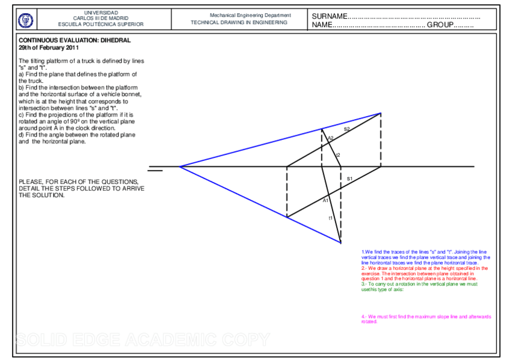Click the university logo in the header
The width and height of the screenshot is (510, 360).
click(x=26, y=20)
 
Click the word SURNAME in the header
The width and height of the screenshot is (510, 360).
click(x=330, y=16)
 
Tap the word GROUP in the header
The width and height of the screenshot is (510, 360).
click(x=440, y=25)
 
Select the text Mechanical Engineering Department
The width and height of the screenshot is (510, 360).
click(x=250, y=15)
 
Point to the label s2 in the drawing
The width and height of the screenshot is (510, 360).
click(x=346, y=129)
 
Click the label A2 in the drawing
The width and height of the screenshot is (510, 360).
click(x=330, y=138)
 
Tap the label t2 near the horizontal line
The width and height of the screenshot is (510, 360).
click(x=337, y=155)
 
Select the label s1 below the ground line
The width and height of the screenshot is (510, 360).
click(x=349, y=178)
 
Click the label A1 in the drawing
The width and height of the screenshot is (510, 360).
click(x=326, y=200)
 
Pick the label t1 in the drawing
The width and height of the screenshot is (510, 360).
click(x=330, y=218)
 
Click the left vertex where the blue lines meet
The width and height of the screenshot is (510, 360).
click(x=179, y=166)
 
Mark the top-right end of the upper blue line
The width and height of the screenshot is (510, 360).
click(x=380, y=113)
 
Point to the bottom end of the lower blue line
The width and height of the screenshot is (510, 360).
click(x=340, y=243)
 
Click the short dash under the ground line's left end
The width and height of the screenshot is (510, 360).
click(x=155, y=171)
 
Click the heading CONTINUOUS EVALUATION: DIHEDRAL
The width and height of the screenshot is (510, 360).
click(x=75, y=40)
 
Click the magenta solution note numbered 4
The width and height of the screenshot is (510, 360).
click(x=426, y=319)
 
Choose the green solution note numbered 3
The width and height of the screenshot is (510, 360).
click(x=419, y=286)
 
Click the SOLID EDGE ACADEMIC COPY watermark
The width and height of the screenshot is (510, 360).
click(x=143, y=340)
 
